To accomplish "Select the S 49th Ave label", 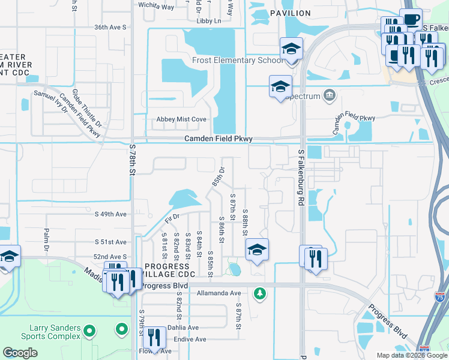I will click(111, 214).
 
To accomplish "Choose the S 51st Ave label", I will click(111, 242).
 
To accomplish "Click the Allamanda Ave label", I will click(218, 293).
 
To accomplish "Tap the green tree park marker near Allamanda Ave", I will click(259, 293).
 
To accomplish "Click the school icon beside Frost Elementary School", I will click(291, 49).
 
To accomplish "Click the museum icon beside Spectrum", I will click(329, 95).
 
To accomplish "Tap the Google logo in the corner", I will click(20, 353).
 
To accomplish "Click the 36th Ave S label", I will click(110, 28).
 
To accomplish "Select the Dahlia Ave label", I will click(184, 328).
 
